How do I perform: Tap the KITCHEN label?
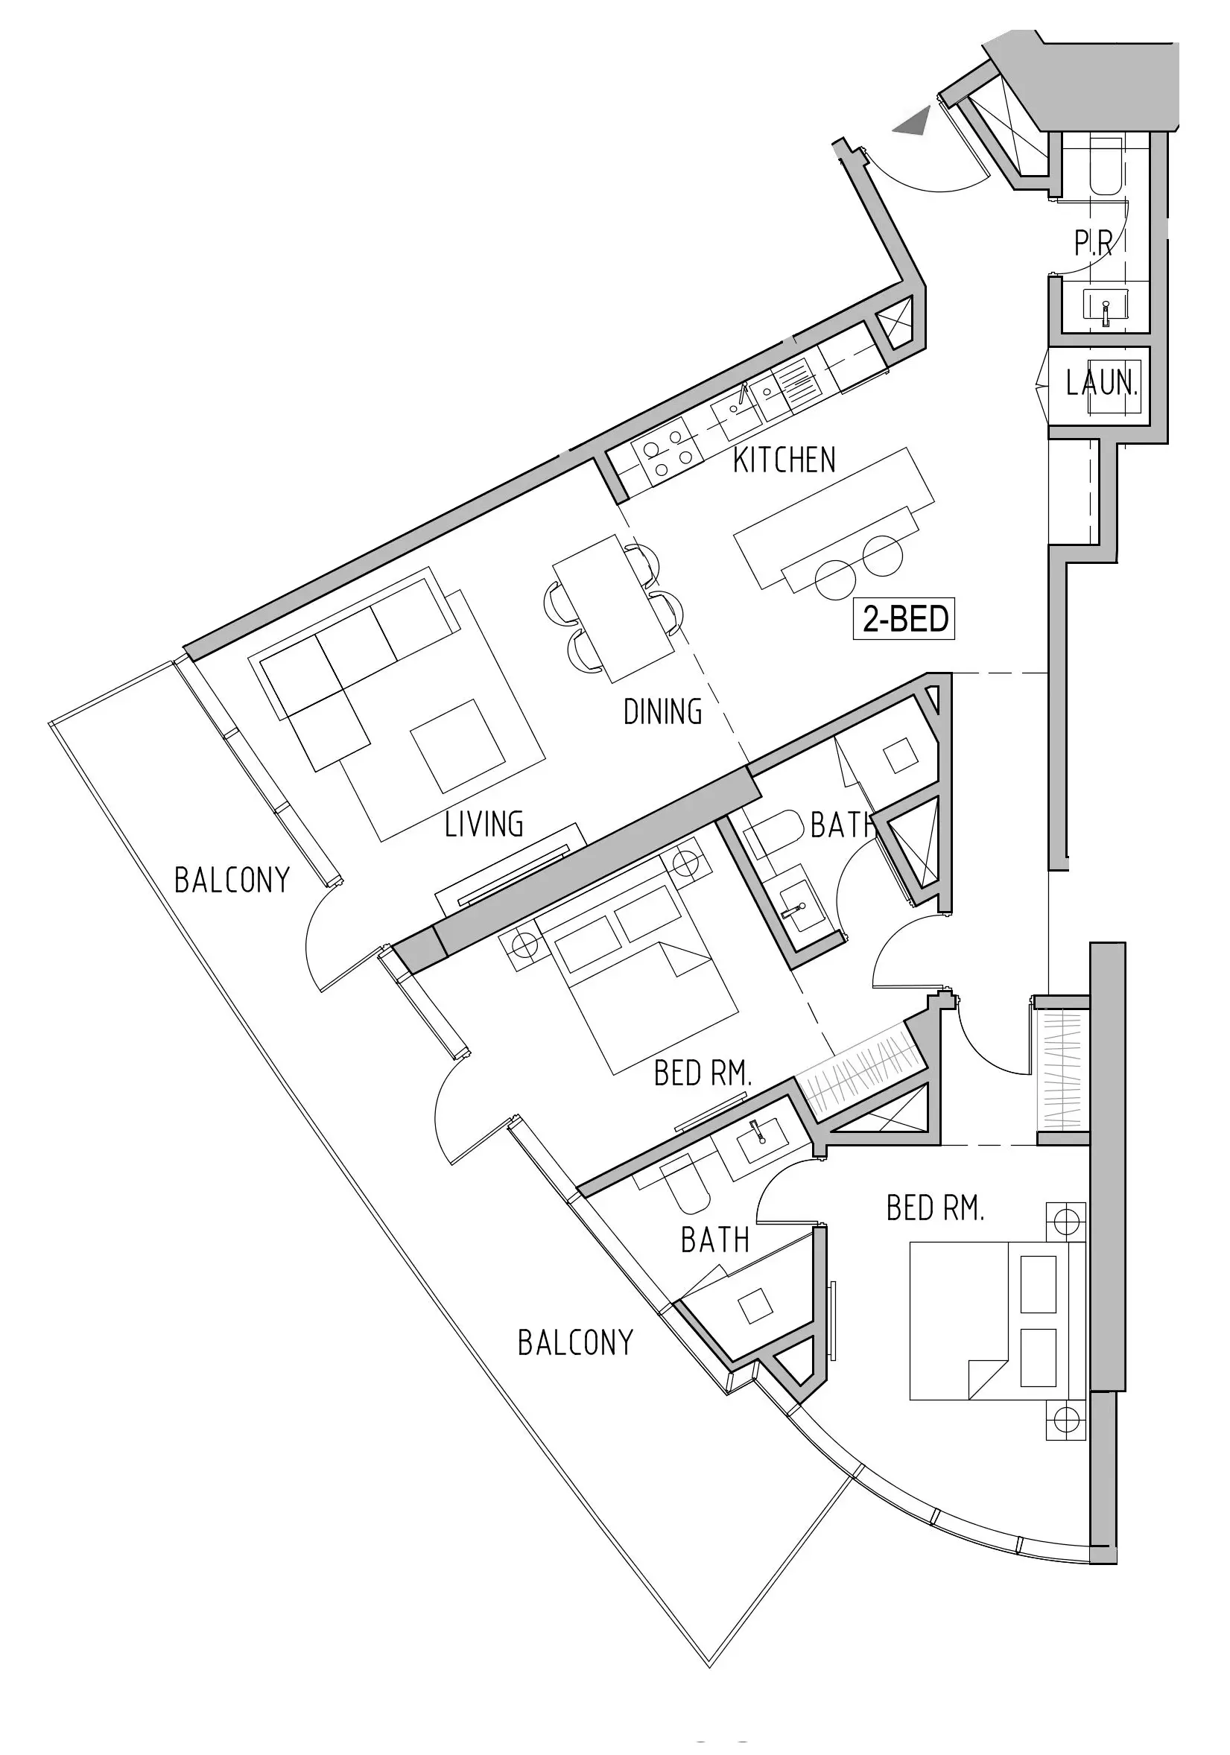pyautogui.click(x=784, y=460)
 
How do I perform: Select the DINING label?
pyautogui.click(x=663, y=711)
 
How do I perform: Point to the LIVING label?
pyautogui.click(x=484, y=824)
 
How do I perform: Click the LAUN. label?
pyautogui.click(x=1102, y=382)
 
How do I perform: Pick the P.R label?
pyautogui.click(x=1092, y=243)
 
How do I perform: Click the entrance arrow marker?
pyautogui.click(x=913, y=122)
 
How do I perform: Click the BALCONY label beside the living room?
pyautogui.click(x=232, y=880)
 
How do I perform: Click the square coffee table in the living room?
pyautogui.click(x=458, y=745)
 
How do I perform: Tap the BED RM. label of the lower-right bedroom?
pyautogui.click(x=935, y=1207)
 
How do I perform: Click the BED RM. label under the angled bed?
pyautogui.click(x=703, y=1074)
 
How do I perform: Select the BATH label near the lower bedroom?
pyautogui.click(x=714, y=1240)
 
